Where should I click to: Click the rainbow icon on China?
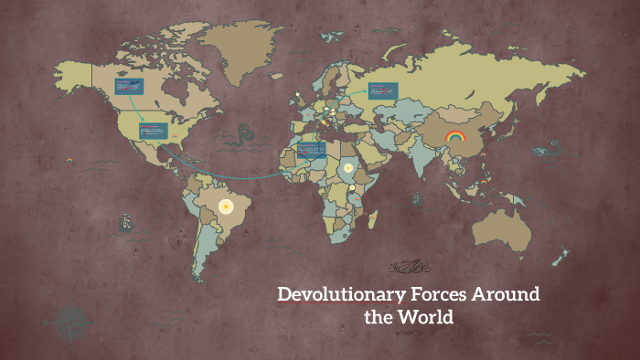(x=454, y=137)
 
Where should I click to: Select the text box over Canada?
(x=129, y=88)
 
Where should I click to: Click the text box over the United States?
(x=152, y=132)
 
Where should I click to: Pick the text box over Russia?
(x=383, y=90)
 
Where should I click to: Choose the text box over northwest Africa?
(x=311, y=150)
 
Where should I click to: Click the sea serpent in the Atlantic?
(x=242, y=137)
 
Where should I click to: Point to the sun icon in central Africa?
(x=348, y=168)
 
